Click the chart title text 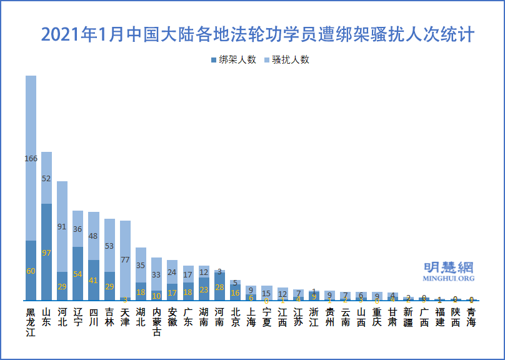[x=257, y=34]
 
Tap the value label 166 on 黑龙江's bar [x=31, y=159]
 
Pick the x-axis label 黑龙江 [x=31, y=322]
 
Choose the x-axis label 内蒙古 [x=156, y=322]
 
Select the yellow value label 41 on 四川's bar [x=93, y=281]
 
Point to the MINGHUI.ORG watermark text [x=448, y=278]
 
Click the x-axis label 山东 [x=47, y=317]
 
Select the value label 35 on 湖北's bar [x=141, y=266]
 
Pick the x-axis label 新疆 [x=408, y=317]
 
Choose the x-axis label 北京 [x=235, y=317]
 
